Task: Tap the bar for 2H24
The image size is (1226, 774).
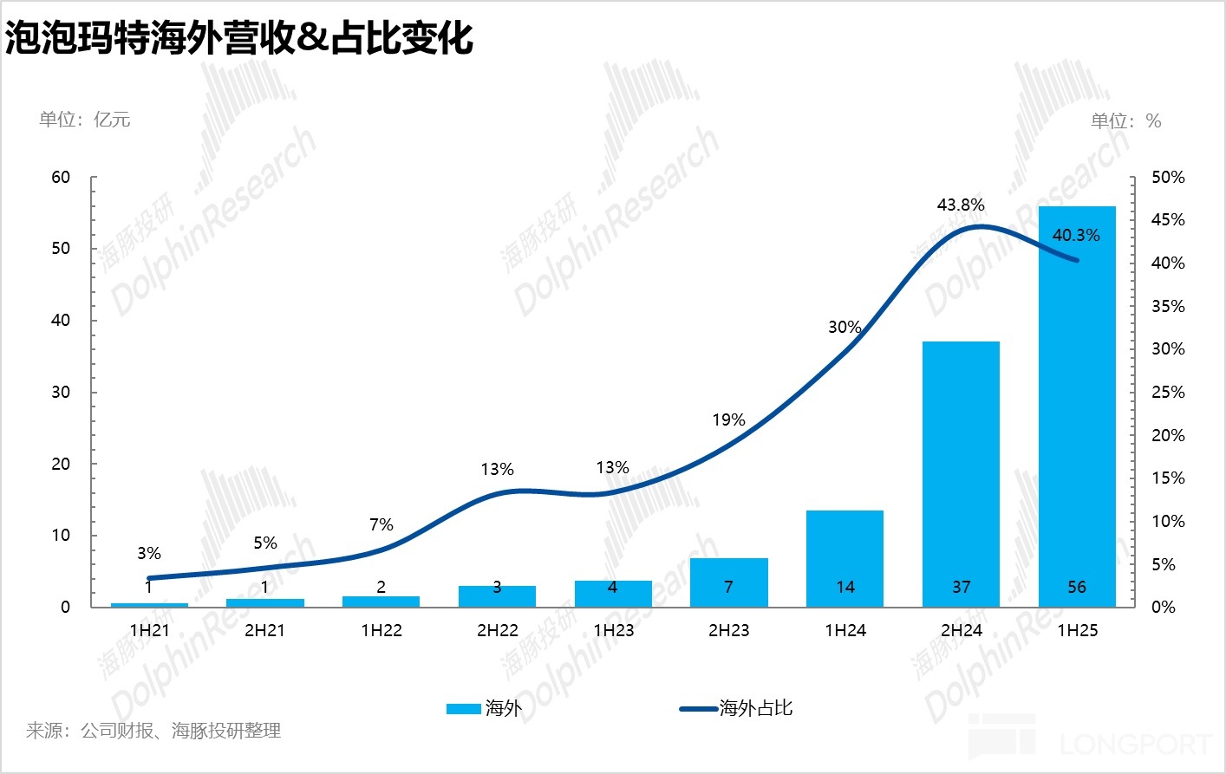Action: (961, 473)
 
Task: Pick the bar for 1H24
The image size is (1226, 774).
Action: (845, 558)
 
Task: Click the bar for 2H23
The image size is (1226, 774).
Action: (728, 582)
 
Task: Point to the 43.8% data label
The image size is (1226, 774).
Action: (961, 205)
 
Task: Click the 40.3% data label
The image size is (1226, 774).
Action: (1076, 236)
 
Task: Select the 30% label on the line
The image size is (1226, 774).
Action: (845, 328)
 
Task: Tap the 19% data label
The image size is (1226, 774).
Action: (728, 420)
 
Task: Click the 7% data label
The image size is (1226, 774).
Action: (381, 525)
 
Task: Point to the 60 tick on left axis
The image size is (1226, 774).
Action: (61, 178)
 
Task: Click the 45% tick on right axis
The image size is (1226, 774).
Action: (1167, 220)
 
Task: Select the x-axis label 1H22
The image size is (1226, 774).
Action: (381, 631)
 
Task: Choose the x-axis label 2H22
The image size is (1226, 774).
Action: (497, 631)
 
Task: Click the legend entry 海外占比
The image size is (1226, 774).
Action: (755, 709)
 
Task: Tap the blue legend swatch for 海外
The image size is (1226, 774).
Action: (463, 709)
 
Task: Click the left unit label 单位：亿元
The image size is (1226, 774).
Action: (85, 120)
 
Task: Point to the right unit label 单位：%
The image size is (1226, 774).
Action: (1125, 121)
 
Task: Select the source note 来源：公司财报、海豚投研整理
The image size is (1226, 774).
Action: (153, 732)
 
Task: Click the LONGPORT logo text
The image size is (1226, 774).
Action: (1136, 744)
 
